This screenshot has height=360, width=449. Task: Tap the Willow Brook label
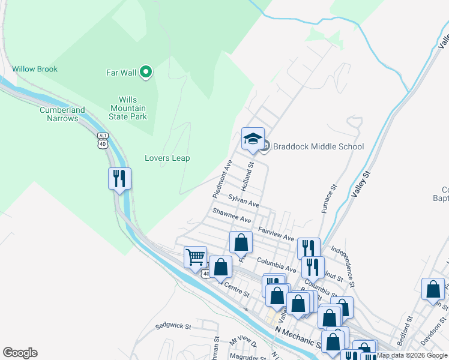(35, 69)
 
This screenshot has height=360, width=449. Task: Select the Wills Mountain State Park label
(128, 108)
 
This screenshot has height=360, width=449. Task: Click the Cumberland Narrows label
(62, 114)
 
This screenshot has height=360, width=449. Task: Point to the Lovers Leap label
(167, 158)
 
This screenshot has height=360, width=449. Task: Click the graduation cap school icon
(253, 139)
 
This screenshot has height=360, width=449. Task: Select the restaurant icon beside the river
(119, 179)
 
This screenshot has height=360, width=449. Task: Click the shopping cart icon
(195, 257)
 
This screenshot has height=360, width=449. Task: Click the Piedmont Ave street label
(222, 179)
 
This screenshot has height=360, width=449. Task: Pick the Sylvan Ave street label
(243, 200)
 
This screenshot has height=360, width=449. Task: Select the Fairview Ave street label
(276, 234)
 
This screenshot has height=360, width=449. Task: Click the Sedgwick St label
(172, 327)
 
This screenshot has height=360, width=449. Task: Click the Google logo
(20, 353)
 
